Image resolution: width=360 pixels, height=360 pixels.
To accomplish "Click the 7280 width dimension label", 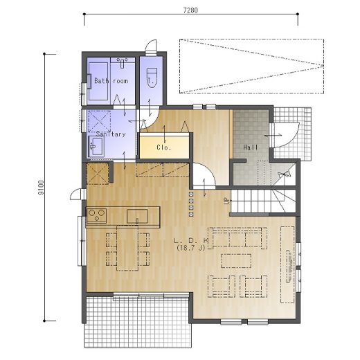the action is click(190, 10).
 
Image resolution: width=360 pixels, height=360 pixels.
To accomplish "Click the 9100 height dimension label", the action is click(41, 187).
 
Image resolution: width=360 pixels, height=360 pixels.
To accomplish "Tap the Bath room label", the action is click(111, 81).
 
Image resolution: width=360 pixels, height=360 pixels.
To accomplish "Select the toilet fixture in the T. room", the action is click(152, 78).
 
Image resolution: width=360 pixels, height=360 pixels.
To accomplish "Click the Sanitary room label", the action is click(111, 134).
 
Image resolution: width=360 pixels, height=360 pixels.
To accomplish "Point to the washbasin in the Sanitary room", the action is click(96, 146).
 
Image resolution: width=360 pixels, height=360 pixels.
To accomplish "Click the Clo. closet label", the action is click(164, 147).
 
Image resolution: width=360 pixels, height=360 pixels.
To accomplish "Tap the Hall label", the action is click(251, 147).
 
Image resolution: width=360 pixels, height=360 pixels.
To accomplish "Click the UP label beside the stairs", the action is click(227, 201).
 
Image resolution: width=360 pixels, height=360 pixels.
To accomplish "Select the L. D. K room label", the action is click(191, 240).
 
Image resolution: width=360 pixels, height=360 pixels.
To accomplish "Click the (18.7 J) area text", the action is click(191, 248).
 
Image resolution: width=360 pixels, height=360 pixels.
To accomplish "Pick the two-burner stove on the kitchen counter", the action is click(96, 215).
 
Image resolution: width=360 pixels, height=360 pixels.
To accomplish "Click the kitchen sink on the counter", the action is click(137, 216).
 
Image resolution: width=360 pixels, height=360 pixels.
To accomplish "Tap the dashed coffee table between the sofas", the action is click(236, 260).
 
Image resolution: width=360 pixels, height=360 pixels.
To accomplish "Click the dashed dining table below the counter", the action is click(127, 248).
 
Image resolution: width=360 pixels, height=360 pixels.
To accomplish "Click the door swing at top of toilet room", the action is click(151, 47).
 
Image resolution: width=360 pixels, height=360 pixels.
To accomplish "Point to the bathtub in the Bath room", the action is click(98, 81).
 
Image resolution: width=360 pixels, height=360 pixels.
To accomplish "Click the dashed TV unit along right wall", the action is click(287, 264).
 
